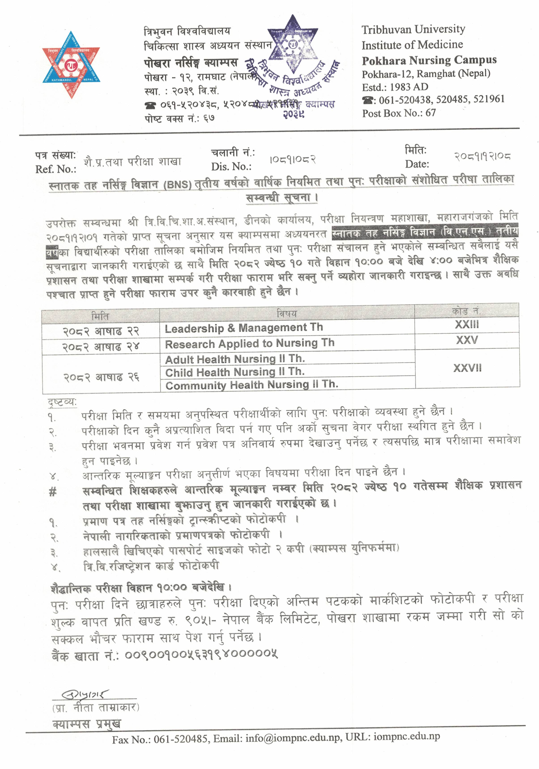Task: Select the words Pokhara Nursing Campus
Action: pyautogui.click(x=429, y=60)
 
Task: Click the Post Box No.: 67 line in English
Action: pyautogui.click(x=399, y=113)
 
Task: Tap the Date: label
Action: pyautogui.click(x=417, y=164)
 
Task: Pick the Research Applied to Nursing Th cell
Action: pyautogui.click(x=249, y=343)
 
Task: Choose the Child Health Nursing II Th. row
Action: pyautogui.click(x=235, y=372)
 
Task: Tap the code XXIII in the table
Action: pyautogui.click(x=467, y=324)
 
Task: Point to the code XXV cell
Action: pyautogui.click(x=467, y=340)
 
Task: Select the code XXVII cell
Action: pyautogui.click(x=467, y=368)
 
